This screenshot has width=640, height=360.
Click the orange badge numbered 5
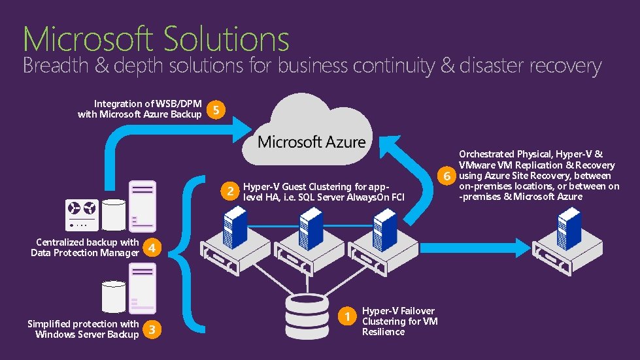click(216, 110)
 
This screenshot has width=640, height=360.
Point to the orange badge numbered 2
click(229, 191)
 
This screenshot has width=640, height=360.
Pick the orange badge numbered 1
click(348, 317)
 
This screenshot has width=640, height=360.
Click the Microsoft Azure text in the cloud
click(311, 142)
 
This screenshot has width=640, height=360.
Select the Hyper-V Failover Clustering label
click(399, 321)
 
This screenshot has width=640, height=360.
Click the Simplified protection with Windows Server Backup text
click(83, 329)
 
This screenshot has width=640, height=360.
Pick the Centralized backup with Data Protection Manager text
click(84, 248)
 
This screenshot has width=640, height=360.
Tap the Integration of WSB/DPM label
click(139, 109)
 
